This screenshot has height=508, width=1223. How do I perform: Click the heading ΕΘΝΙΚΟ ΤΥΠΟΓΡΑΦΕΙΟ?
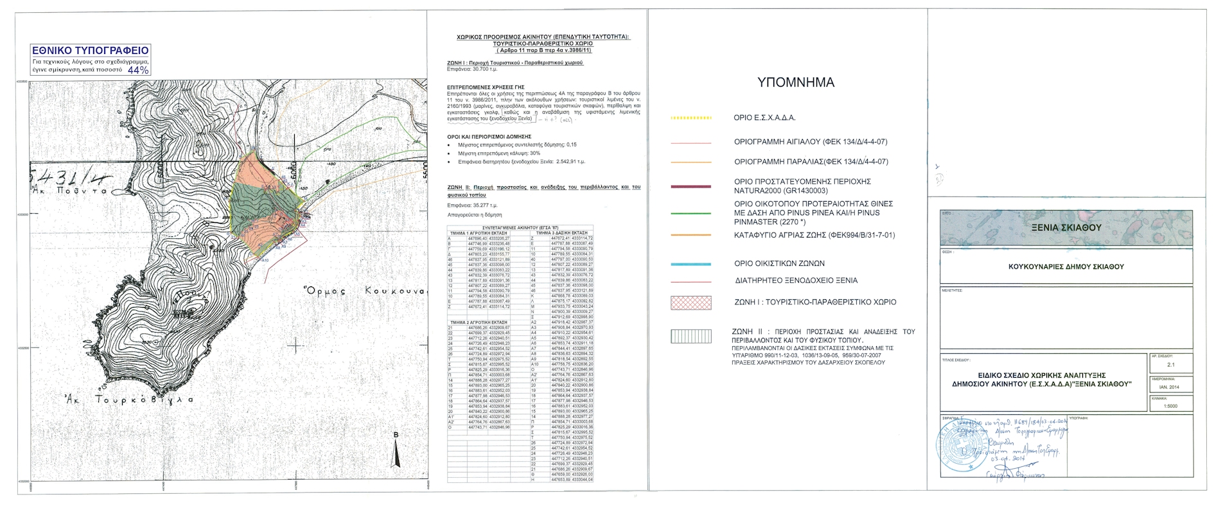[90, 51]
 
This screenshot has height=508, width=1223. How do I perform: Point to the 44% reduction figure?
[138, 69]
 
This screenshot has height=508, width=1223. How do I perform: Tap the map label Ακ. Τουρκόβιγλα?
[129, 399]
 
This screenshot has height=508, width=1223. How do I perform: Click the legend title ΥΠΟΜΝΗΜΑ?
[795, 82]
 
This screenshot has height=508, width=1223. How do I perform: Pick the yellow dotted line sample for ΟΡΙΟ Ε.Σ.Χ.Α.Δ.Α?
[691, 118]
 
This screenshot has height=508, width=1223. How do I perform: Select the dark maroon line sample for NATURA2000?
[691, 187]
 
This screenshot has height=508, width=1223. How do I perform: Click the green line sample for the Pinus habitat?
[691, 213]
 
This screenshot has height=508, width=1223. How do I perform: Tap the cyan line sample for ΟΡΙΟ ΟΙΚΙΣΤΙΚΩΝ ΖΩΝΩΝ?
[691, 264]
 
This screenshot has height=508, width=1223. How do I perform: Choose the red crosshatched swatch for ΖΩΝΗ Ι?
[691, 302]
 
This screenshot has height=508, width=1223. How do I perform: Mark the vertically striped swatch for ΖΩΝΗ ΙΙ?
[691, 337]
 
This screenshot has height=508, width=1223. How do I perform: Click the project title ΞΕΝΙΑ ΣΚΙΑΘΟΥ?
[1066, 227]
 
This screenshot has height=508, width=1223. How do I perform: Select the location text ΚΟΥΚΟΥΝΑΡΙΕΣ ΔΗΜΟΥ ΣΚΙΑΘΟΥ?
[1066, 267]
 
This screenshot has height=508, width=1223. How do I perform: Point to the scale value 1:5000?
[1170, 406]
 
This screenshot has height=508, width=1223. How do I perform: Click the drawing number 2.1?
[1170, 365]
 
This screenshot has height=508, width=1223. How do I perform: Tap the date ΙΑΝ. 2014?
[1170, 387]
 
